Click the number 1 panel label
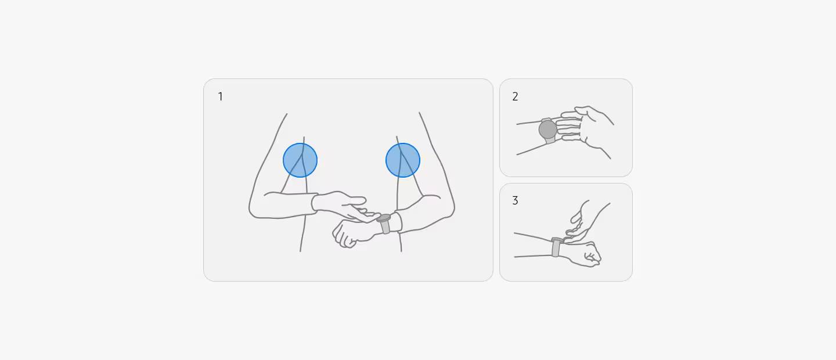(221, 97)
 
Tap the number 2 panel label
(516, 97)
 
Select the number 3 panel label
(516, 200)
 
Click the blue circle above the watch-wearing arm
(403, 160)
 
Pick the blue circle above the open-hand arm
(300, 160)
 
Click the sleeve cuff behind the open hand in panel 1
(315, 204)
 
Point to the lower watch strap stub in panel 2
(550, 141)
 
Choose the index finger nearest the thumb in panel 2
(569, 115)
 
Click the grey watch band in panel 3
(556, 247)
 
